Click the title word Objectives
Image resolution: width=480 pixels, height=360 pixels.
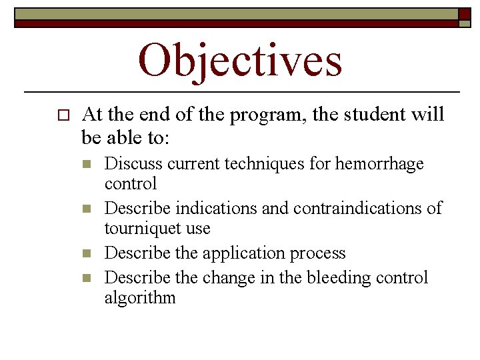240,60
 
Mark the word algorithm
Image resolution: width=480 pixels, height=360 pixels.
140,297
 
